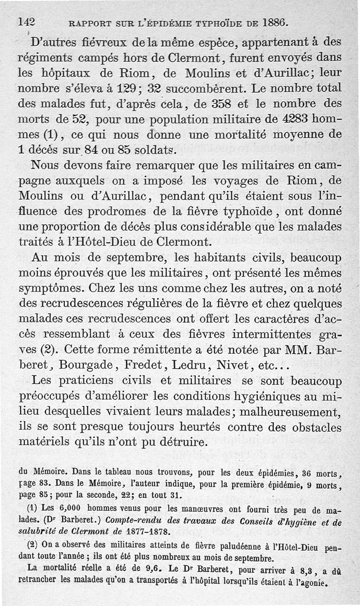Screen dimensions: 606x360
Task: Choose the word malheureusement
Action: (x=290, y=412)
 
